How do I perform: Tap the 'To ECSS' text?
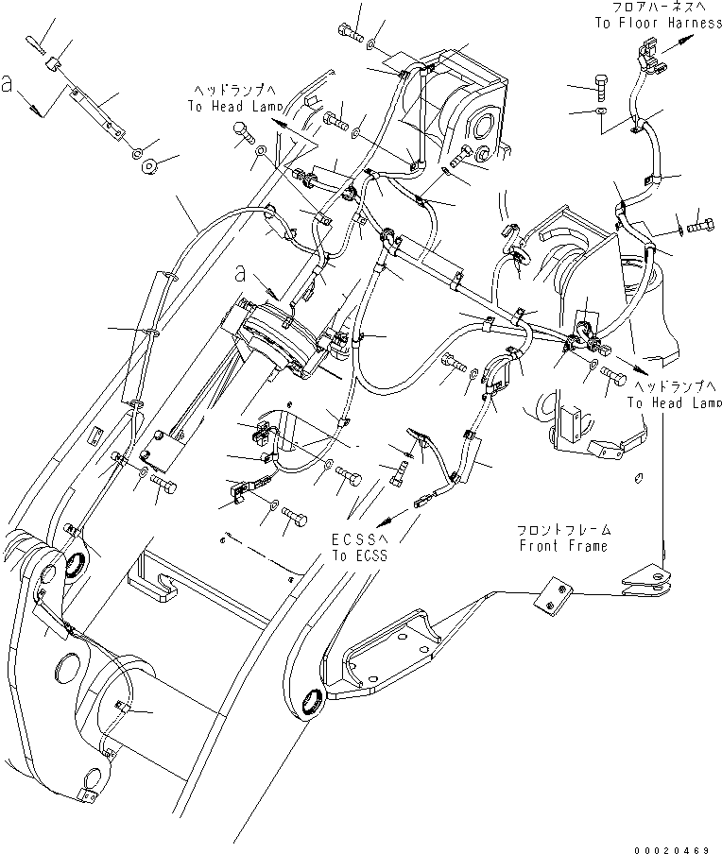coord(358,556)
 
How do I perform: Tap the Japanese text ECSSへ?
coord(358,540)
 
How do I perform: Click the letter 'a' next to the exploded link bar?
coord(9,84)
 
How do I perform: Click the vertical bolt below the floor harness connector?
coord(601,89)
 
